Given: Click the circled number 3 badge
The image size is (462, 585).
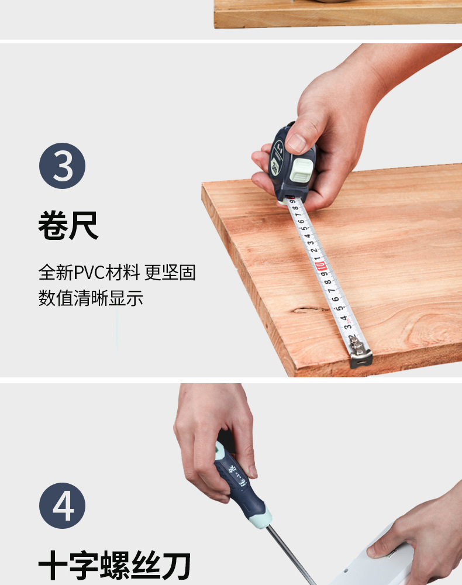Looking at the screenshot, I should click(x=63, y=166).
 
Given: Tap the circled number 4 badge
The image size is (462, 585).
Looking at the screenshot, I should click(x=63, y=505).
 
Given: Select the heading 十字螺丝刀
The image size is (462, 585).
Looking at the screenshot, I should click(x=115, y=567).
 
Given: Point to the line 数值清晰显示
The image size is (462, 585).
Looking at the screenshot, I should click(x=91, y=298).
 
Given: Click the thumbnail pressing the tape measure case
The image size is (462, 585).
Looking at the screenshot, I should click(x=296, y=142).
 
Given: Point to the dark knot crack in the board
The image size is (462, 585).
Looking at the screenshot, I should click(x=310, y=308).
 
